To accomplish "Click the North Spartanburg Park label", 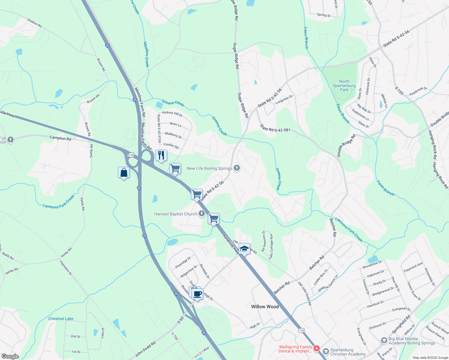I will click(344, 85).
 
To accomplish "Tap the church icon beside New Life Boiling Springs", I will click(237, 168).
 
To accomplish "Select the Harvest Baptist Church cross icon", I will click(202, 214).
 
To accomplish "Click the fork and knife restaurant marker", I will click(161, 155).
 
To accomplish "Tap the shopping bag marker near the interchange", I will click(124, 173).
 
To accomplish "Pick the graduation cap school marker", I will click(244, 249).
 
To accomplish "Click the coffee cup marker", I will click(197, 294).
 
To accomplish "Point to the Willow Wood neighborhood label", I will click(265, 307).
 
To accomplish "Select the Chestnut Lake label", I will click(61, 319).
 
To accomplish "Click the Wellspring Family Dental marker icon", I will click(316, 349).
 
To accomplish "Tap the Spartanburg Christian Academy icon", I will click(326, 351).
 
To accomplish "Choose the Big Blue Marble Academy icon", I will click(384, 340).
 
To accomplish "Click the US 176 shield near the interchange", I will click(131, 155).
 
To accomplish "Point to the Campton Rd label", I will click(60, 138).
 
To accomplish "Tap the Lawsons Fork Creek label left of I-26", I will click(59, 202).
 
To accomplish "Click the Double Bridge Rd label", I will click(346, 145).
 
